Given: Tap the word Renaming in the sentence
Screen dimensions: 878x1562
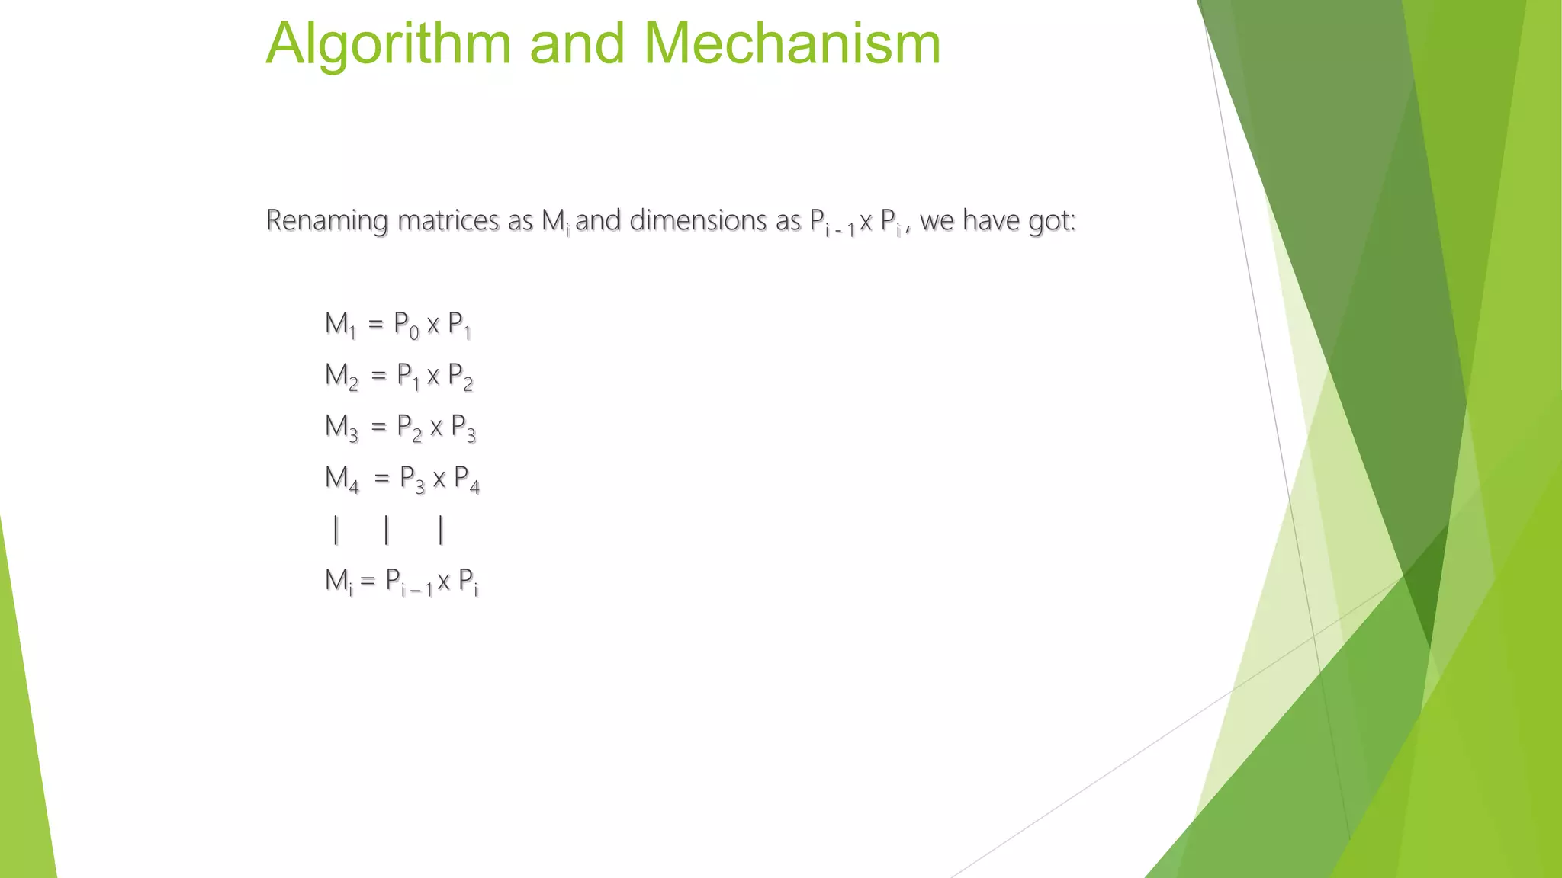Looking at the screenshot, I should coord(327,220).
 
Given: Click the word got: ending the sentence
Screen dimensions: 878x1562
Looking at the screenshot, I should coord(1052,221).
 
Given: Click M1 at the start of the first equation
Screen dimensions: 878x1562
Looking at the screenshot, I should coord(340,325).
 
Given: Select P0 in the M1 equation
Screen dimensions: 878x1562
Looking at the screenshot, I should coord(406,325).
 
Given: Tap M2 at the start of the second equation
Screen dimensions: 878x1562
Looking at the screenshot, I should coord(341,376).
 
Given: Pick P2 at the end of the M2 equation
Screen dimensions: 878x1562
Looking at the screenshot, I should coord(460,377).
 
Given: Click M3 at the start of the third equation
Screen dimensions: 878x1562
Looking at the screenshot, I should coord(341,427).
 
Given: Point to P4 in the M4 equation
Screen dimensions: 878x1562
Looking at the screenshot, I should coord(466,479).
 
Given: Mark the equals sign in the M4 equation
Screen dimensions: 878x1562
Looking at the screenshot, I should coord(381,479).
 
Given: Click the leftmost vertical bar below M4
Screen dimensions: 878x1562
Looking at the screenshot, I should coord(336,529).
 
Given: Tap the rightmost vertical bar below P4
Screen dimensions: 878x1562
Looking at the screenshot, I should coord(441,529).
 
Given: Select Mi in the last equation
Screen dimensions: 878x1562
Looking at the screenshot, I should coord(339,581).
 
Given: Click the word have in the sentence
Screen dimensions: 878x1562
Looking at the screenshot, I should coord(991,220).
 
